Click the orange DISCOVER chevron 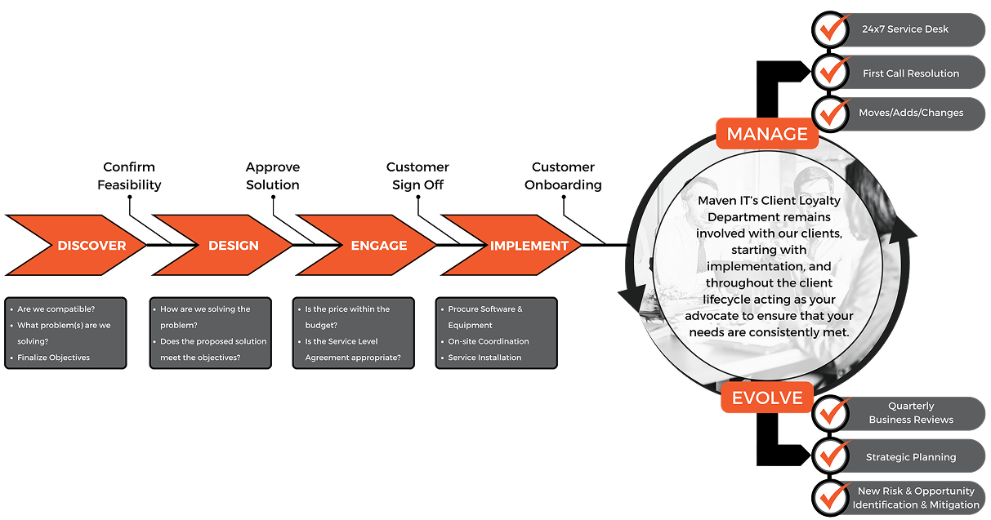tap(82, 245)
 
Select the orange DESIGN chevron tap(229, 245)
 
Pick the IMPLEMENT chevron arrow tap(523, 245)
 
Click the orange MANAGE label tap(766, 134)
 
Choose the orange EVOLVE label tap(766, 398)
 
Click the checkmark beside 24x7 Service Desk tap(833, 29)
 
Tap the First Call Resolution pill tap(910, 73)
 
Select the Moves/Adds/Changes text tap(911, 113)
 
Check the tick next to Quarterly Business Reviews tap(833, 413)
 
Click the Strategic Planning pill tap(910, 457)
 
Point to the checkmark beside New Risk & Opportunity tap(833, 497)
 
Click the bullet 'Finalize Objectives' tap(54, 358)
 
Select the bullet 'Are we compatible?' tap(56, 309)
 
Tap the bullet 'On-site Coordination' tap(489, 341)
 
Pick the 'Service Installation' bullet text tap(484, 358)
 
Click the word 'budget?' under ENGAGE tap(322, 325)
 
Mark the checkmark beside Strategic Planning tap(833, 456)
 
